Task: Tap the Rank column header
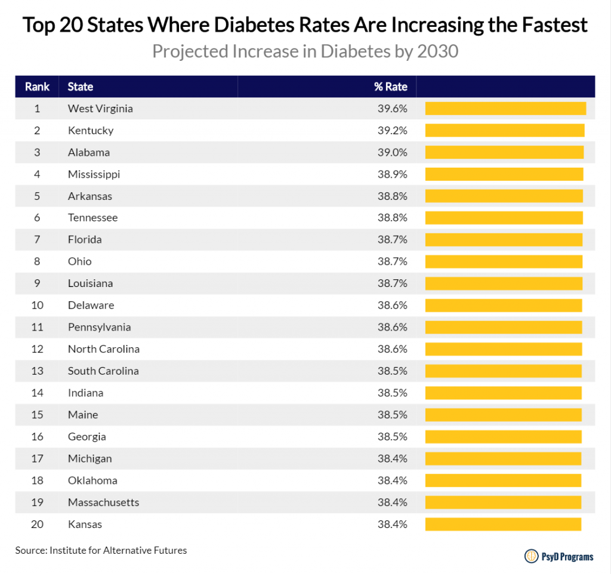tap(37, 87)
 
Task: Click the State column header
tap(81, 87)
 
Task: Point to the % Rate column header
tap(391, 87)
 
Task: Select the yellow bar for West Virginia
tap(505, 109)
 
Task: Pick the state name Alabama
tap(89, 152)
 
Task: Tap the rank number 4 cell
tap(37, 174)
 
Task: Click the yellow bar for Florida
tap(504, 240)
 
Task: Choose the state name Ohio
tap(80, 261)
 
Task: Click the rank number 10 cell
tap(37, 305)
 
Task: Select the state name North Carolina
tap(104, 349)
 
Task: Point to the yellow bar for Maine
tap(503, 415)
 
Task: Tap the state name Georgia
tap(87, 437)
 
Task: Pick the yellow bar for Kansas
tap(503, 524)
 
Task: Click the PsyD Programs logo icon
tap(530, 556)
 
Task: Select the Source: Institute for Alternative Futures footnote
tap(101, 550)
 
